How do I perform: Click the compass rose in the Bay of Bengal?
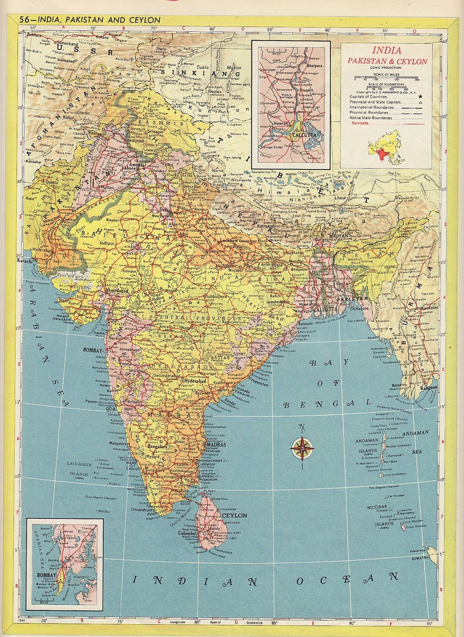coord(302,448)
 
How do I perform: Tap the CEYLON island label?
coord(234,515)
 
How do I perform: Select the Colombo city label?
coord(187,533)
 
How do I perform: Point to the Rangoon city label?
coord(428,387)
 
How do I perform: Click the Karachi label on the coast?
coord(24,260)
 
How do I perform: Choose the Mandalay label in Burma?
coord(429,308)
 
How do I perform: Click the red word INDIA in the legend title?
coord(387,50)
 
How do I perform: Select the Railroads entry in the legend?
coord(360,123)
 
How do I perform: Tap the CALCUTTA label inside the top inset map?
coord(304,135)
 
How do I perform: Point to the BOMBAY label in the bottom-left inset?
coord(46,575)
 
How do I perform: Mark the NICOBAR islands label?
coord(377,507)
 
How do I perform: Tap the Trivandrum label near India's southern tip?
coord(142,509)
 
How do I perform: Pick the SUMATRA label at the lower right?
coord(419,557)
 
